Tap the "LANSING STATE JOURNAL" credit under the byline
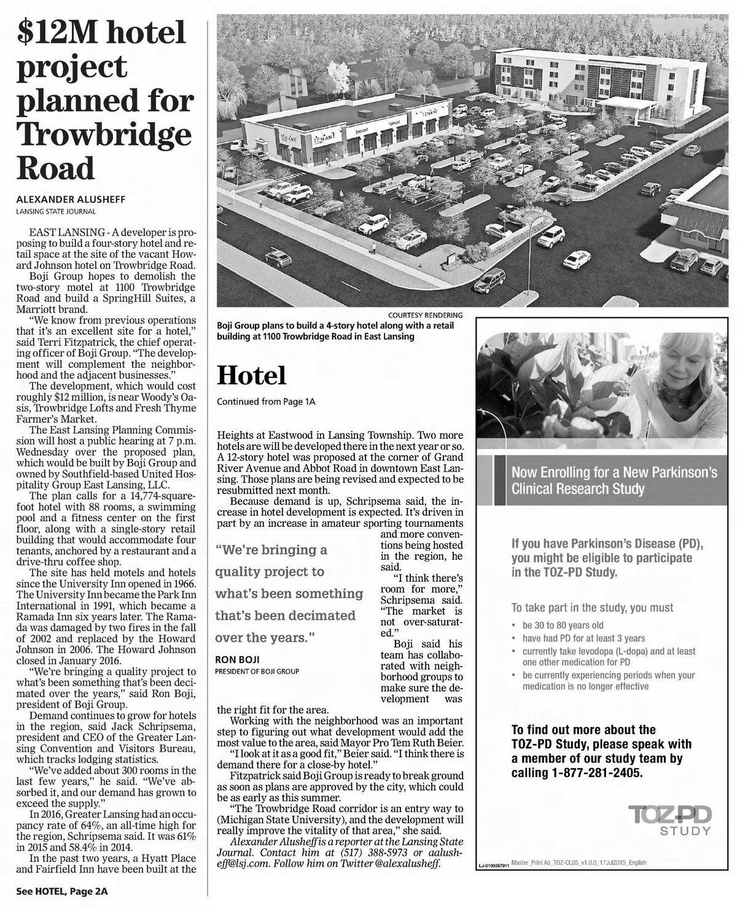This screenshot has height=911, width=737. tap(56, 212)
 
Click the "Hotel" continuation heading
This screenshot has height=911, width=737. tap(252, 376)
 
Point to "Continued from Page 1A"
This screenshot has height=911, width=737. tap(266, 402)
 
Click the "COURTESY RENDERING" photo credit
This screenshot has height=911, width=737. tap(426, 315)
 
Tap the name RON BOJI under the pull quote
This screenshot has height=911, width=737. tap(237, 659)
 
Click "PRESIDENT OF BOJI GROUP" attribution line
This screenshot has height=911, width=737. tap(257, 672)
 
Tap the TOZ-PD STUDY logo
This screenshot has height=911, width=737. tap(671, 820)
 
